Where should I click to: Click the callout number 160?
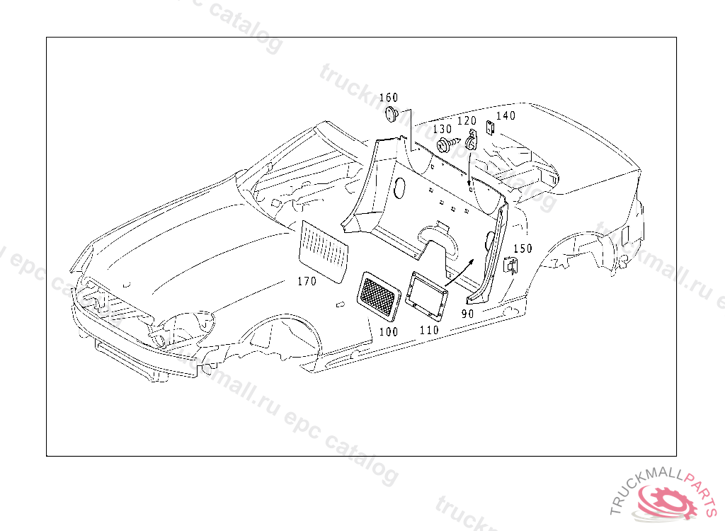point(389,98)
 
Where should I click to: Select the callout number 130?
point(442,130)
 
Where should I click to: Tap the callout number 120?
point(467,121)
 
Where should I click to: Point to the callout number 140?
point(506,116)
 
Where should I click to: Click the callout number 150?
point(523,249)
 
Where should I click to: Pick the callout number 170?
point(307,281)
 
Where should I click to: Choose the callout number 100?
point(389,331)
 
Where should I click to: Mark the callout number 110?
point(429,329)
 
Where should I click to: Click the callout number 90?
point(469,312)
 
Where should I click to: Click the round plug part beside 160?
point(391,114)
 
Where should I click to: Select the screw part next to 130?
point(445,146)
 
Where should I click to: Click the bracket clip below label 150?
point(510,265)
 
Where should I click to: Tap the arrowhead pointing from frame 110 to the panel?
point(472,262)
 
